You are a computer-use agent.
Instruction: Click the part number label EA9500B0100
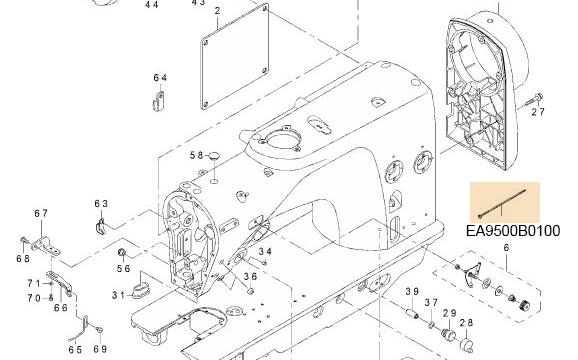coord(513,231)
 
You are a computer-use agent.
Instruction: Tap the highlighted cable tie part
coord(502,203)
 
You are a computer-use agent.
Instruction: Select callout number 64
coord(160,78)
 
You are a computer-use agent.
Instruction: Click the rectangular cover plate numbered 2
coord(235,56)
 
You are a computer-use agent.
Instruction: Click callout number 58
coord(197,155)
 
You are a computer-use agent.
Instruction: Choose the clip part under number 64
coord(159,101)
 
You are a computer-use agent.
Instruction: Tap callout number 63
coord(101,204)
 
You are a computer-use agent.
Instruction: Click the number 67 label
coord(41,213)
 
